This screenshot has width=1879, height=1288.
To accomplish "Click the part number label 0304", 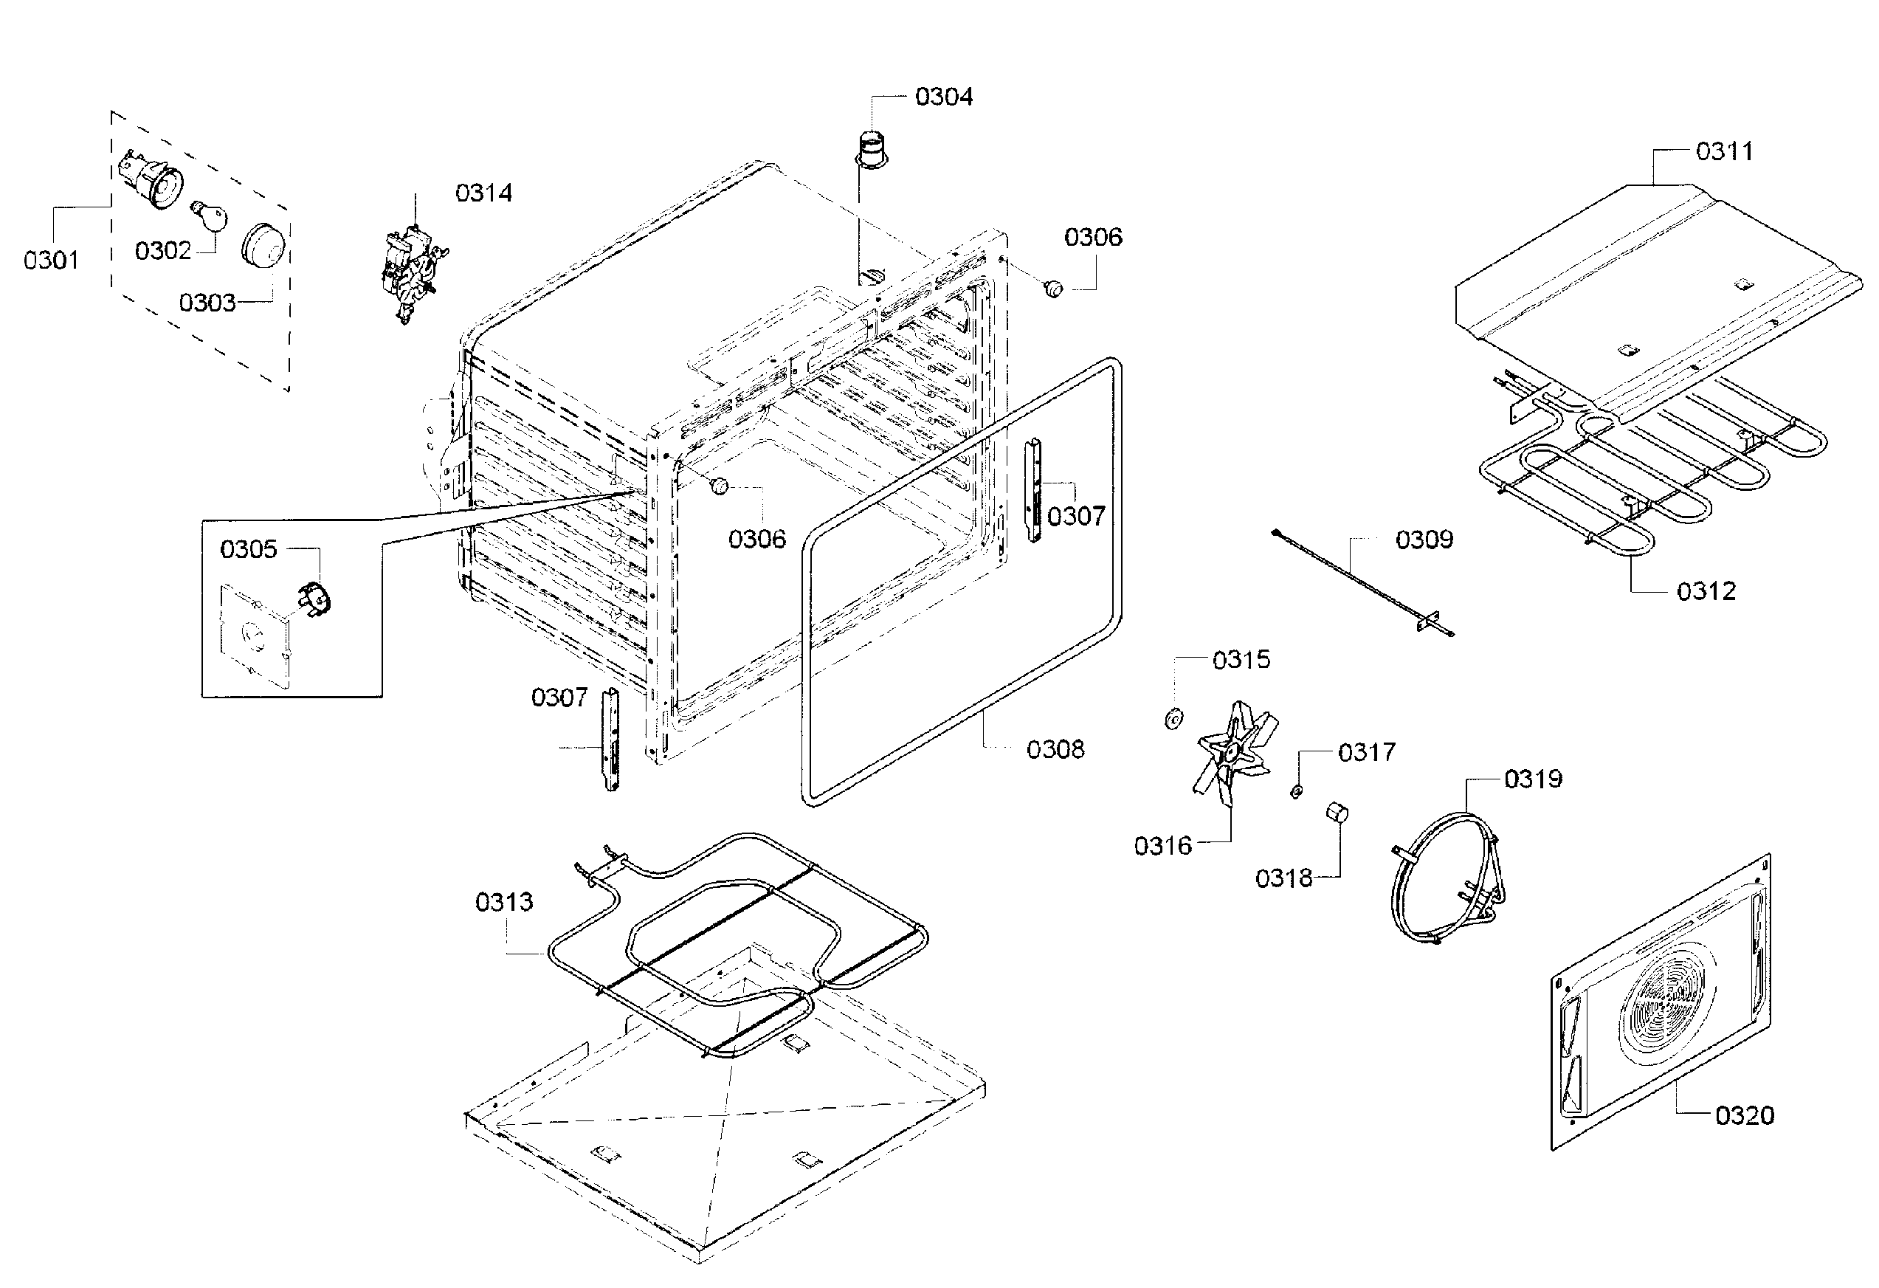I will point(942,97).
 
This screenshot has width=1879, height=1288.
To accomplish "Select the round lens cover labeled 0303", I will point(264,243).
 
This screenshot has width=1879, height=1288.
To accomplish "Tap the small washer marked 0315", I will point(1173,717).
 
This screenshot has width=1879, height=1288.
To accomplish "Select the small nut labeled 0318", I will point(1337,812).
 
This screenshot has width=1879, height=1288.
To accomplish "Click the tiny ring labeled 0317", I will point(1295,791).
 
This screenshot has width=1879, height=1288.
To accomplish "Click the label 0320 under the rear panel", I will point(1744,1116).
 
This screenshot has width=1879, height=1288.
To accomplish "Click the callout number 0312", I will point(1706,591).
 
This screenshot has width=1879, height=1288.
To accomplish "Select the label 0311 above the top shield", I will point(1724,151).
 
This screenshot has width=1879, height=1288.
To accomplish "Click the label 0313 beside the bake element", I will point(504,901).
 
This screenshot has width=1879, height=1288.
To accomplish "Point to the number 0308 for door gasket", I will point(1055,749).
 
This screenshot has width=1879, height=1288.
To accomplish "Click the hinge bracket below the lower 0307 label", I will point(611,740).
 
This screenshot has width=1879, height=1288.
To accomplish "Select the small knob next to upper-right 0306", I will point(1053,289).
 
